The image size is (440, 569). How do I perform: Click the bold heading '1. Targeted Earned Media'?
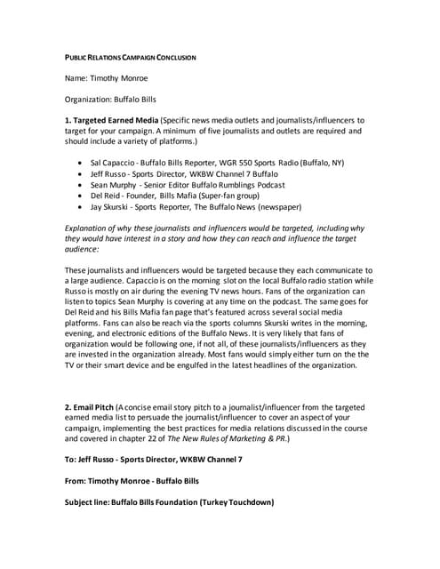coord(124,120)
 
